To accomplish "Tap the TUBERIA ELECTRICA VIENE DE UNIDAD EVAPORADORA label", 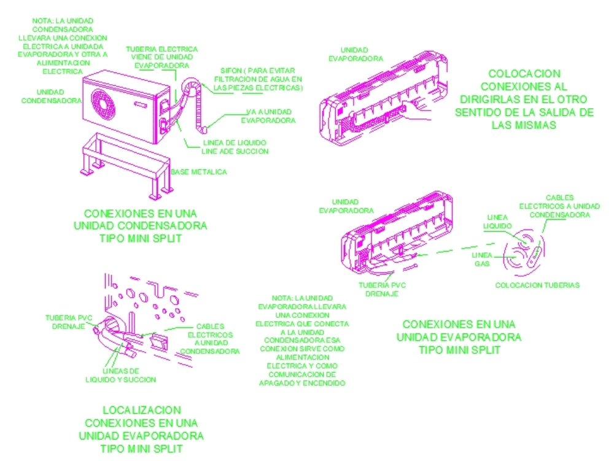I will point(161,56).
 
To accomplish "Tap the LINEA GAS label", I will point(481,258).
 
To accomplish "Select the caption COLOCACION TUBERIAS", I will point(537,285).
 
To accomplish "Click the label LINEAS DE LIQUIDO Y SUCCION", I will point(120,375).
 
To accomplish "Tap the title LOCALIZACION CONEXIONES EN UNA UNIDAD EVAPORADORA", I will point(141,428).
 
